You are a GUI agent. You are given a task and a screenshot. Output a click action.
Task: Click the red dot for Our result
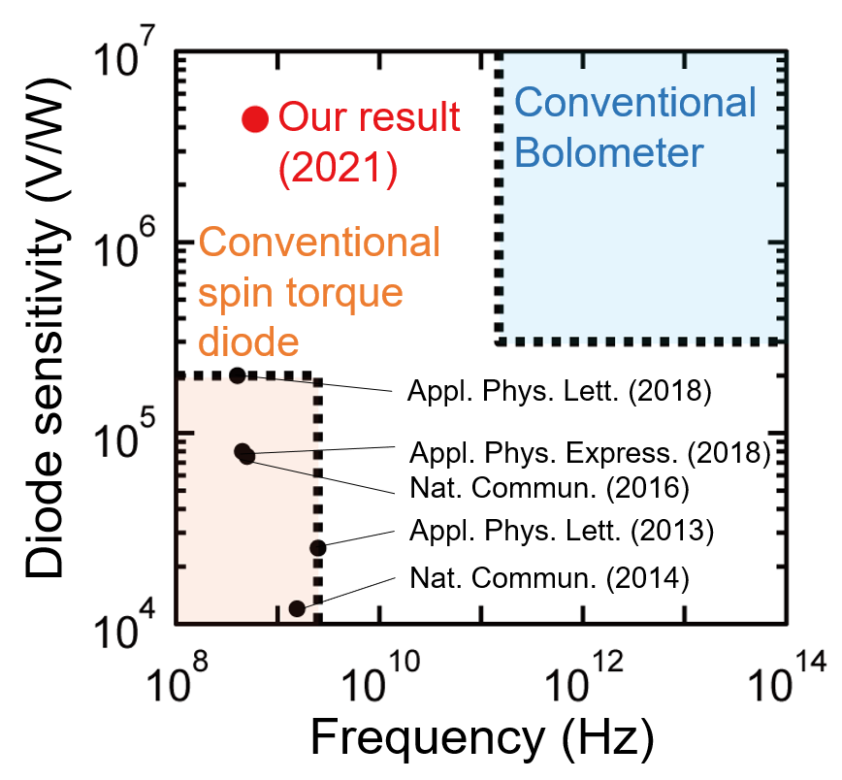[x=254, y=118]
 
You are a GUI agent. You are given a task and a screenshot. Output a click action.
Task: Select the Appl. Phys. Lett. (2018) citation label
[x=561, y=393]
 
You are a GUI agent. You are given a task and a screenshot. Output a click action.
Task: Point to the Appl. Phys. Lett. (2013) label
[x=561, y=531]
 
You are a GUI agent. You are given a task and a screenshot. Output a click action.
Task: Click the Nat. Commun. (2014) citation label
[x=549, y=579]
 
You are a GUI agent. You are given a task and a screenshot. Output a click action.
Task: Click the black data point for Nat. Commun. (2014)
[x=297, y=608]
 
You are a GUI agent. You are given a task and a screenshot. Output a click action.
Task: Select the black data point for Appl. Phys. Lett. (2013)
[x=318, y=548]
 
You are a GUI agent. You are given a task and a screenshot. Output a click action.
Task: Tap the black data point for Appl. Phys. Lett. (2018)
[x=239, y=375]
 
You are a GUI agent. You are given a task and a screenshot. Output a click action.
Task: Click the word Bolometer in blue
[x=607, y=152]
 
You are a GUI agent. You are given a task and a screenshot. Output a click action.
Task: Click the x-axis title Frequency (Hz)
[x=481, y=740]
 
